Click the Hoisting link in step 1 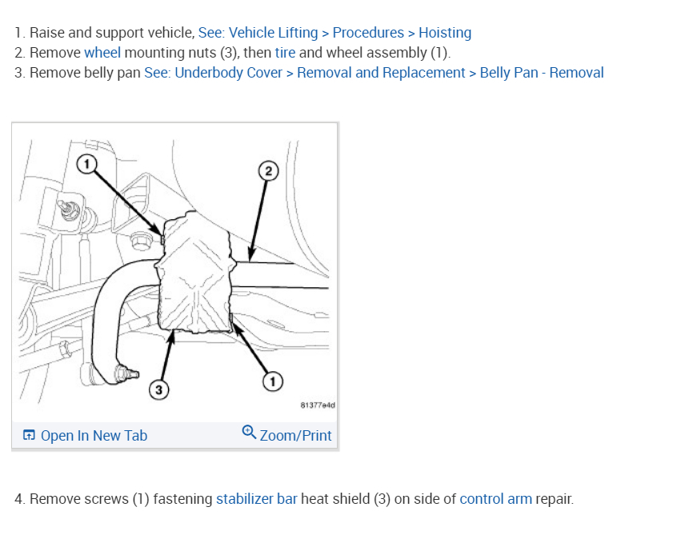pyautogui.click(x=445, y=33)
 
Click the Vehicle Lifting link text pyautogui.click(x=273, y=33)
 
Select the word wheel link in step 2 pyautogui.click(x=102, y=53)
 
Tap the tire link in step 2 pyautogui.click(x=285, y=53)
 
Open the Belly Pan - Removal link pyautogui.click(x=542, y=73)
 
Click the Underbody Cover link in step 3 pyautogui.click(x=228, y=73)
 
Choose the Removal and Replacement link pyautogui.click(x=381, y=73)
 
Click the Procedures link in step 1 pyautogui.click(x=368, y=33)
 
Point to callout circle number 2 pyautogui.click(x=269, y=170)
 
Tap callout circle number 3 pyautogui.click(x=159, y=389)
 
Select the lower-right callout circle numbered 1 pyautogui.click(x=273, y=382)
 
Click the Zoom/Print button pyautogui.click(x=295, y=436)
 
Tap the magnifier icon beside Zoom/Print pyautogui.click(x=249, y=433)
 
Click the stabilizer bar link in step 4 pyautogui.click(x=256, y=499)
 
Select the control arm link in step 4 pyautogui.click(x=495, y=499)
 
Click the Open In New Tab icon pyautogui.click(x=29, y=436)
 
